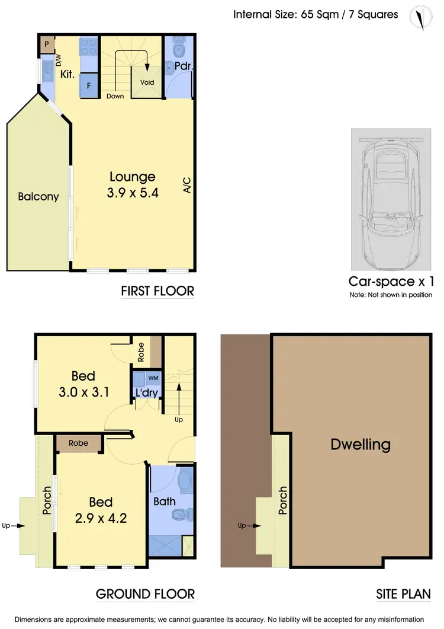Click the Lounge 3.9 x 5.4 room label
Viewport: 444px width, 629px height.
[133, 184]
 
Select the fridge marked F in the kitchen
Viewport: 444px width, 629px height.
[89, 84]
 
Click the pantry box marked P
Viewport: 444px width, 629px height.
[47, 44]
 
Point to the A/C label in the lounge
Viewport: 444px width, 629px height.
[187, 185]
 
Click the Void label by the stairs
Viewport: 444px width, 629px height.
[147, 82]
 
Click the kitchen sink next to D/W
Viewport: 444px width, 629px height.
[47, 75]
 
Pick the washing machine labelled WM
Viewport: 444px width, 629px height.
[153, 378]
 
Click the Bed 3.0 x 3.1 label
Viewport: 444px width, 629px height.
[83, 383]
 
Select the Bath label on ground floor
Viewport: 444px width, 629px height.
[164, 502]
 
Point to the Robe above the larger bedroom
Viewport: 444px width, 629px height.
[79, 443]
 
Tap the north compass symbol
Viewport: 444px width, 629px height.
[421, 18]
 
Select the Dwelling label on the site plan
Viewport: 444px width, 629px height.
[361, 444]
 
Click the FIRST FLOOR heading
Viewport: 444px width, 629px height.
[157, 292]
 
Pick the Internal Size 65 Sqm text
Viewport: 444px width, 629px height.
[316, 14]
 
